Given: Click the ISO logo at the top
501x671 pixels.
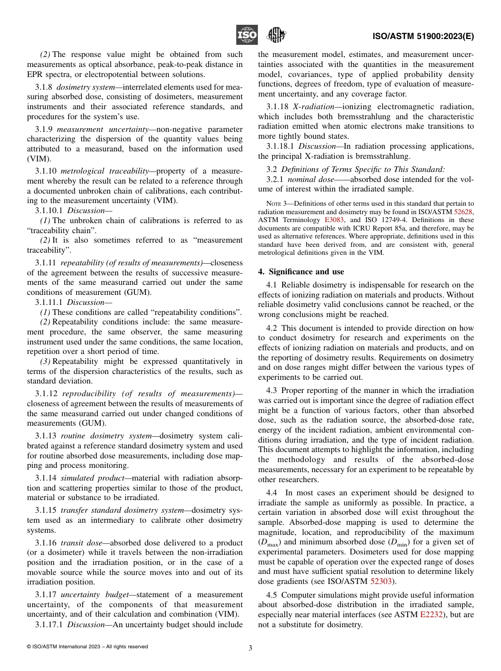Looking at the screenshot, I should click(x=246, y=35).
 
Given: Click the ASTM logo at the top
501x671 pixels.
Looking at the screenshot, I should click(x=276, y=35).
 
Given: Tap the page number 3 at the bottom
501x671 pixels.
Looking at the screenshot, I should click(x=250, y=648).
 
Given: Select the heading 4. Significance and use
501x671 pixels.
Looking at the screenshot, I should click(x=301, y=272).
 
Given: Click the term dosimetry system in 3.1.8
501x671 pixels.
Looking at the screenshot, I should click(x=83, y=86).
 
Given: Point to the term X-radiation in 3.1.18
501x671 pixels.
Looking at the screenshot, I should click(x=313, y=106).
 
